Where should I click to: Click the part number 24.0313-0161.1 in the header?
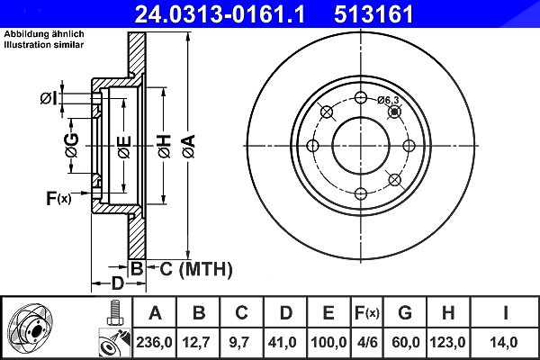(x=220, y=14)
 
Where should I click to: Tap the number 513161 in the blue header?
(x=373, y=14)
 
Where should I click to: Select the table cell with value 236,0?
(x=154, y=342)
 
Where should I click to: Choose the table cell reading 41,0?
(x=283, y=342)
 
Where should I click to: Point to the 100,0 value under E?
(x=328, y=342)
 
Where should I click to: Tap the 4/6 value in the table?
(x=367, y=342)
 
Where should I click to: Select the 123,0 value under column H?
(x=447, y=342)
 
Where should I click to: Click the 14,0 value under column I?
(x=503, y=342)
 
